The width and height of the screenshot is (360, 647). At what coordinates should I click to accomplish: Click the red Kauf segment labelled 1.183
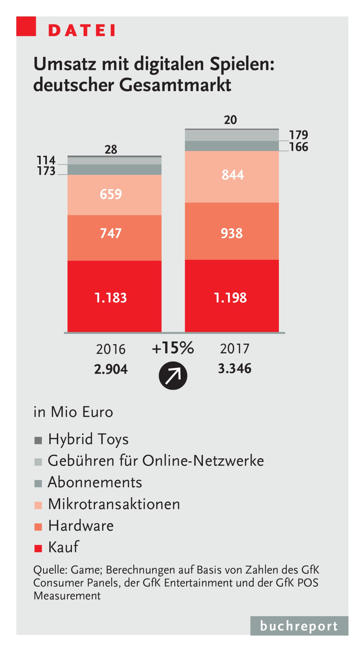pos(114,297)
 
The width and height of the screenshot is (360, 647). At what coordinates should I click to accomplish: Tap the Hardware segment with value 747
pos(114,238)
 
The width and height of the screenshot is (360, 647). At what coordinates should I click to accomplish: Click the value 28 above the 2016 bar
pos(111,149)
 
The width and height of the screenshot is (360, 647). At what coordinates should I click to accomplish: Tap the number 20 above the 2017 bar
pos(230,120)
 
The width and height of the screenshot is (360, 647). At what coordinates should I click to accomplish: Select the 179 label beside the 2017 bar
pos(298,135)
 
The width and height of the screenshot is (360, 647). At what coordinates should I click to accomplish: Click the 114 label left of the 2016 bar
pos(46,160)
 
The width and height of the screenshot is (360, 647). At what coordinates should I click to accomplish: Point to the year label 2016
pos(111,349)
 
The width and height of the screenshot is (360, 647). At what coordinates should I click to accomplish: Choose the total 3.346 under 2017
pos(235,369)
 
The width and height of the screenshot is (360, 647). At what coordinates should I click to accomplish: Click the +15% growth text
pos(173,348)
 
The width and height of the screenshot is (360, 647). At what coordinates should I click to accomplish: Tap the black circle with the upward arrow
pos(173,376)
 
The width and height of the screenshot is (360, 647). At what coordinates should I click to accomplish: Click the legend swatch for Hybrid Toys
pos(38,440)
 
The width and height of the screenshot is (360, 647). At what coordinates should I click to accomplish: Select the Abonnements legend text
pos(95,482)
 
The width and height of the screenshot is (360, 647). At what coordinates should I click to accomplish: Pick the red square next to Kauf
pos(38,549)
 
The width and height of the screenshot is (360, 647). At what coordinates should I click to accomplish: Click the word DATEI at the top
pos(82,30)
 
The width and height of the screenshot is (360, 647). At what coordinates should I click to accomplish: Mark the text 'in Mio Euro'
pos(73,412)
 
